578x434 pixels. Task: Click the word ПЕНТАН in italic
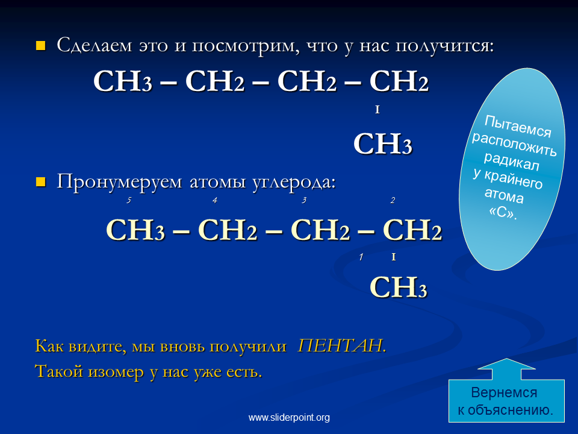point(341,346)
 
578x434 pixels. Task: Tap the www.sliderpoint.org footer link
point(289,417)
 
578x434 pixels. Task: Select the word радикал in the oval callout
point(511,162)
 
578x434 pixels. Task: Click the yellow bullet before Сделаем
point(40,46)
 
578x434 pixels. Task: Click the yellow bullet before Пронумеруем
point(40,182)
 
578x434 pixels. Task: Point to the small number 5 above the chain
point(129,200)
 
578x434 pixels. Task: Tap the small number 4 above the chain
point(214,200)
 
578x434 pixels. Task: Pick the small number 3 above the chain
point(303,200)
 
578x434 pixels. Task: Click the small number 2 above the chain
point(393,200)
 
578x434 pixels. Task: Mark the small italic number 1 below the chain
point(361,257)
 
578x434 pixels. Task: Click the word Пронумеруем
point(119,182)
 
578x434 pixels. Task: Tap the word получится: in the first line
point(444,46)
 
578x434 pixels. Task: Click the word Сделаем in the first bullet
point(95,45)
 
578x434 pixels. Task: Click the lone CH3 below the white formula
point(383,143)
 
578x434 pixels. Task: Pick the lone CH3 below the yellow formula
point(399,287)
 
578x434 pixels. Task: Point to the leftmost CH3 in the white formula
point(123,81)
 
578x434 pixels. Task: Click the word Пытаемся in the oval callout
point(518,127)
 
